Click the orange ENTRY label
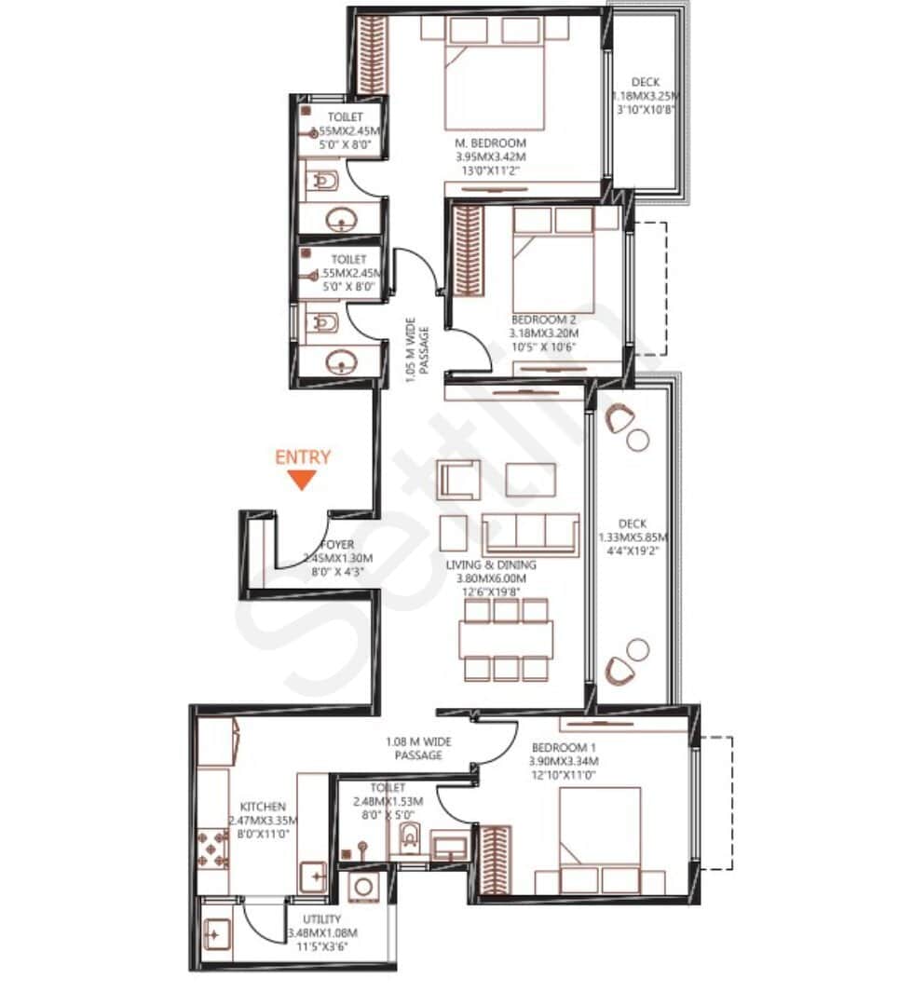pos(303,457)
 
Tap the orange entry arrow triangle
pos(300,480)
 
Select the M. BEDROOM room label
pos(491,143)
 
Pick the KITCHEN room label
pos(263,807)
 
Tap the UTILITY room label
pos(321,919)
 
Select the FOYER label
pos(336,545)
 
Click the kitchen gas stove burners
pos(212,849)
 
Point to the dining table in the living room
pos(506,639)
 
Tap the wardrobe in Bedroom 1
pos(494,862)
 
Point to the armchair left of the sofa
pos(458,481)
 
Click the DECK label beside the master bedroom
pos(645,83)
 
